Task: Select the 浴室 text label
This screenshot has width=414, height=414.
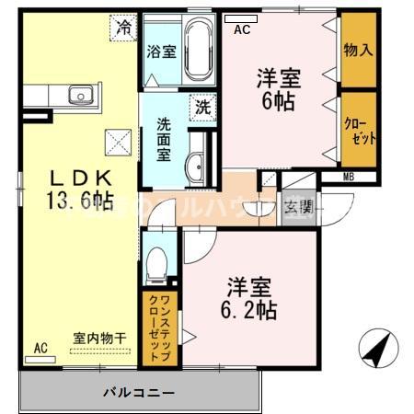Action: click(x=161, y=52)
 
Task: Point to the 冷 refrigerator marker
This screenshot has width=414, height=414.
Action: click(x=124, y=29)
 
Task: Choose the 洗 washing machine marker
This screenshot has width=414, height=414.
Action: click(x=202, y=107)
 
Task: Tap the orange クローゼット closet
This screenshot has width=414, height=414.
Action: click(x=358, y=130)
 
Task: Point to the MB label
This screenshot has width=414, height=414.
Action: click(x=350, y=177)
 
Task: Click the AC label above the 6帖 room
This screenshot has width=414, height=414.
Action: click(x=242, y=29)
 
